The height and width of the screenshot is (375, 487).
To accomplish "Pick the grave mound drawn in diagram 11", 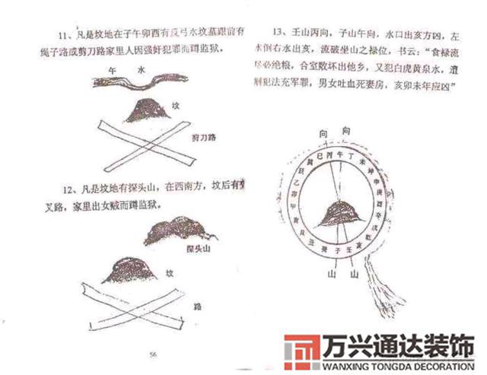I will (145, 112).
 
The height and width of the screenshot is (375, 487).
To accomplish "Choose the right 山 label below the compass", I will (355, 273).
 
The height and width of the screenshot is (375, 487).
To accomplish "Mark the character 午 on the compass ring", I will (329, 157).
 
